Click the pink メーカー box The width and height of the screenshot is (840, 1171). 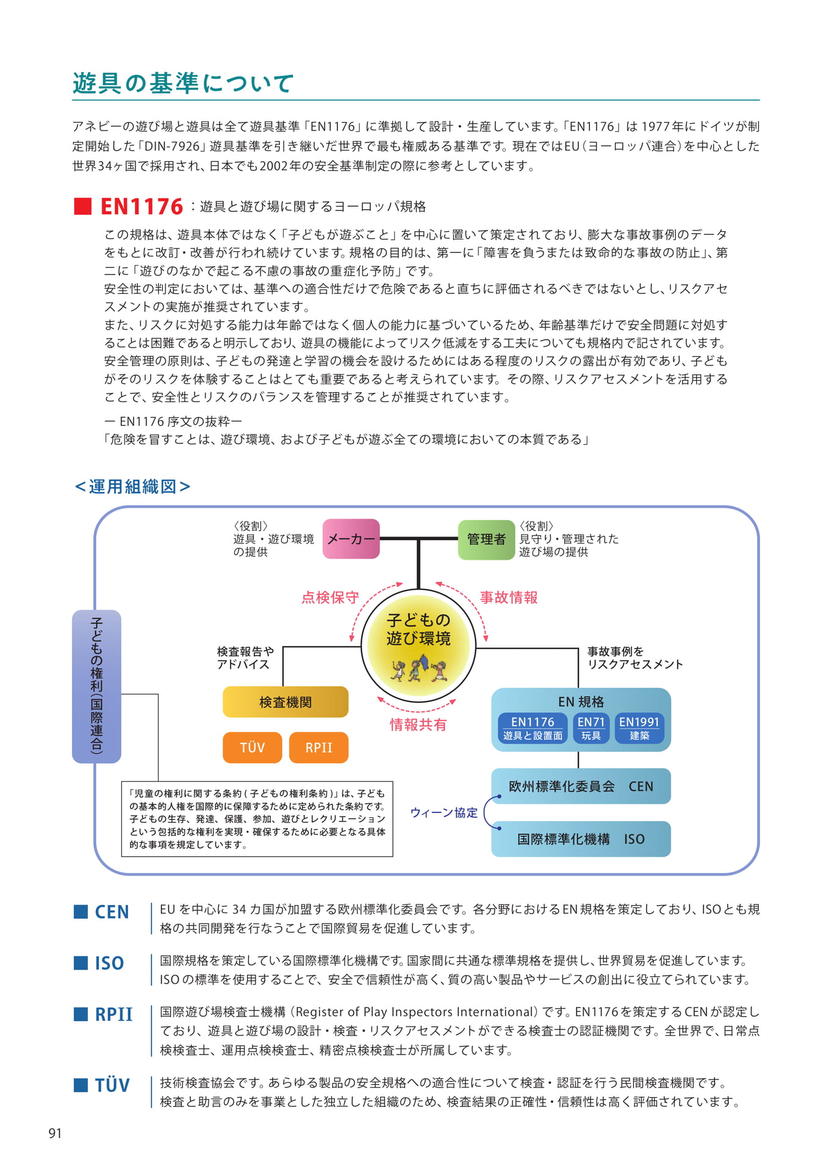coord(351,539)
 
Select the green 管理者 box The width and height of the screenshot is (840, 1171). coord(486,539)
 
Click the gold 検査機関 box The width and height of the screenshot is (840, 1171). coord(285,702)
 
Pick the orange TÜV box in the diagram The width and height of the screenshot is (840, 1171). coord(253,748)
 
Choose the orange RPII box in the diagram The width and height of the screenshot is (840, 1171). coord(318,748)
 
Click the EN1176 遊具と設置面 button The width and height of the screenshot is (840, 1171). coord(533,728)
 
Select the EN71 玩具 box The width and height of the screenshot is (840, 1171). coord(591,728)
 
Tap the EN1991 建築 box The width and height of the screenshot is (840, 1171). coord(639,728)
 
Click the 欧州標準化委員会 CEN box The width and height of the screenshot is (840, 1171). coord(581,786)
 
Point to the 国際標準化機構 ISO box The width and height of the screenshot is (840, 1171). coord(581,839)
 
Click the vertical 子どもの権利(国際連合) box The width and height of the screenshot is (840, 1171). coord(96,686)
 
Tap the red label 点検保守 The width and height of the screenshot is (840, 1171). coord(330,598)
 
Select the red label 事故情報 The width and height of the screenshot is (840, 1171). coord(509,598)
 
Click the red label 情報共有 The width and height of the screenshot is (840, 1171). coord(418,725)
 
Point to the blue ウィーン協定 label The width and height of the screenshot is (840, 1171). coord(444,812)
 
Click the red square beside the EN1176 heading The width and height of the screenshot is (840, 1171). coord(82,206)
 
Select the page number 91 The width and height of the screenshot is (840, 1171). coord(55,1133)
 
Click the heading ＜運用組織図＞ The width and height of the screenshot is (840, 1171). coord(132,487)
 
